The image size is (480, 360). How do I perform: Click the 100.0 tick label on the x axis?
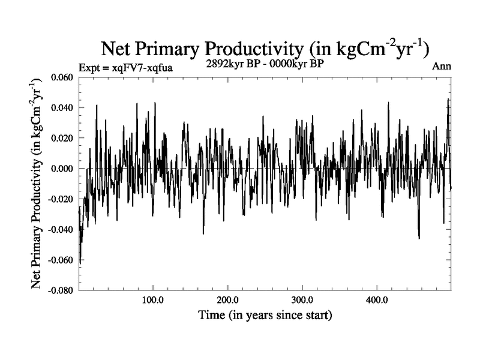(x=153, y=300)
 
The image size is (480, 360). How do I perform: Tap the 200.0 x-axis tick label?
(x=227, y=300)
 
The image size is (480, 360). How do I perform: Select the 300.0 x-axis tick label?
(x=302, y=300)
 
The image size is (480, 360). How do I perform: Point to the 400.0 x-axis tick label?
(x=376, y=300)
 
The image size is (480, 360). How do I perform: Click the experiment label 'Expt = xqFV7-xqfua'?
(x=126, y=68)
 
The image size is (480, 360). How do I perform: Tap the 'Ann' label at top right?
(x=442, y=66)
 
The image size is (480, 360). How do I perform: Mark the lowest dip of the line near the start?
(x=80, y=262)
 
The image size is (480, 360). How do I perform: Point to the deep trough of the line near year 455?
(x=419, y=238)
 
